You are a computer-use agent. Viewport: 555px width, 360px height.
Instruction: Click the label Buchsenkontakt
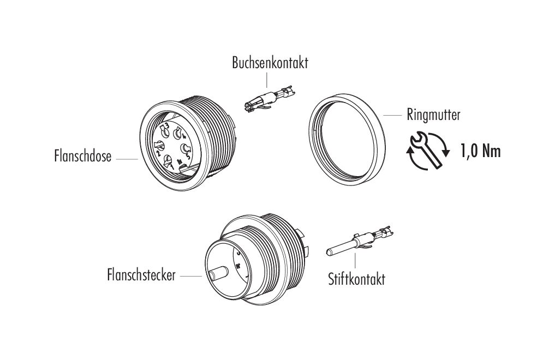(270, 63)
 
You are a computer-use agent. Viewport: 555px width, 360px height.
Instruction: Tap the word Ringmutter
(433, 115)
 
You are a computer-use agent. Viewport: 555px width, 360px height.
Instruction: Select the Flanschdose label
(83, 156)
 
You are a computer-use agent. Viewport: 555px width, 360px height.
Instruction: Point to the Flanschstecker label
(141, 274)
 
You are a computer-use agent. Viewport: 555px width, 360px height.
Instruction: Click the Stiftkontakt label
(356, 279)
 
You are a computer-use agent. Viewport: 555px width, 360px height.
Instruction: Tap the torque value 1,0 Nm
(481, 151)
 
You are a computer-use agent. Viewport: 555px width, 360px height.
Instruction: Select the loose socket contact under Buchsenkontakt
(268, 99)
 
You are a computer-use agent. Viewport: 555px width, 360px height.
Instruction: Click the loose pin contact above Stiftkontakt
(360, 241)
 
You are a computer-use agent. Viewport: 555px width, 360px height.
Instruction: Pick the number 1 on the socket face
(172, 165)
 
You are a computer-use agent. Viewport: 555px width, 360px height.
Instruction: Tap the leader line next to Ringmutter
(392, 115)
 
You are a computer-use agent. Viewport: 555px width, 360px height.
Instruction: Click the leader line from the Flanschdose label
(127, 159)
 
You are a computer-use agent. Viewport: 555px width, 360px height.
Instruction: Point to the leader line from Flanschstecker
(191, 276)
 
